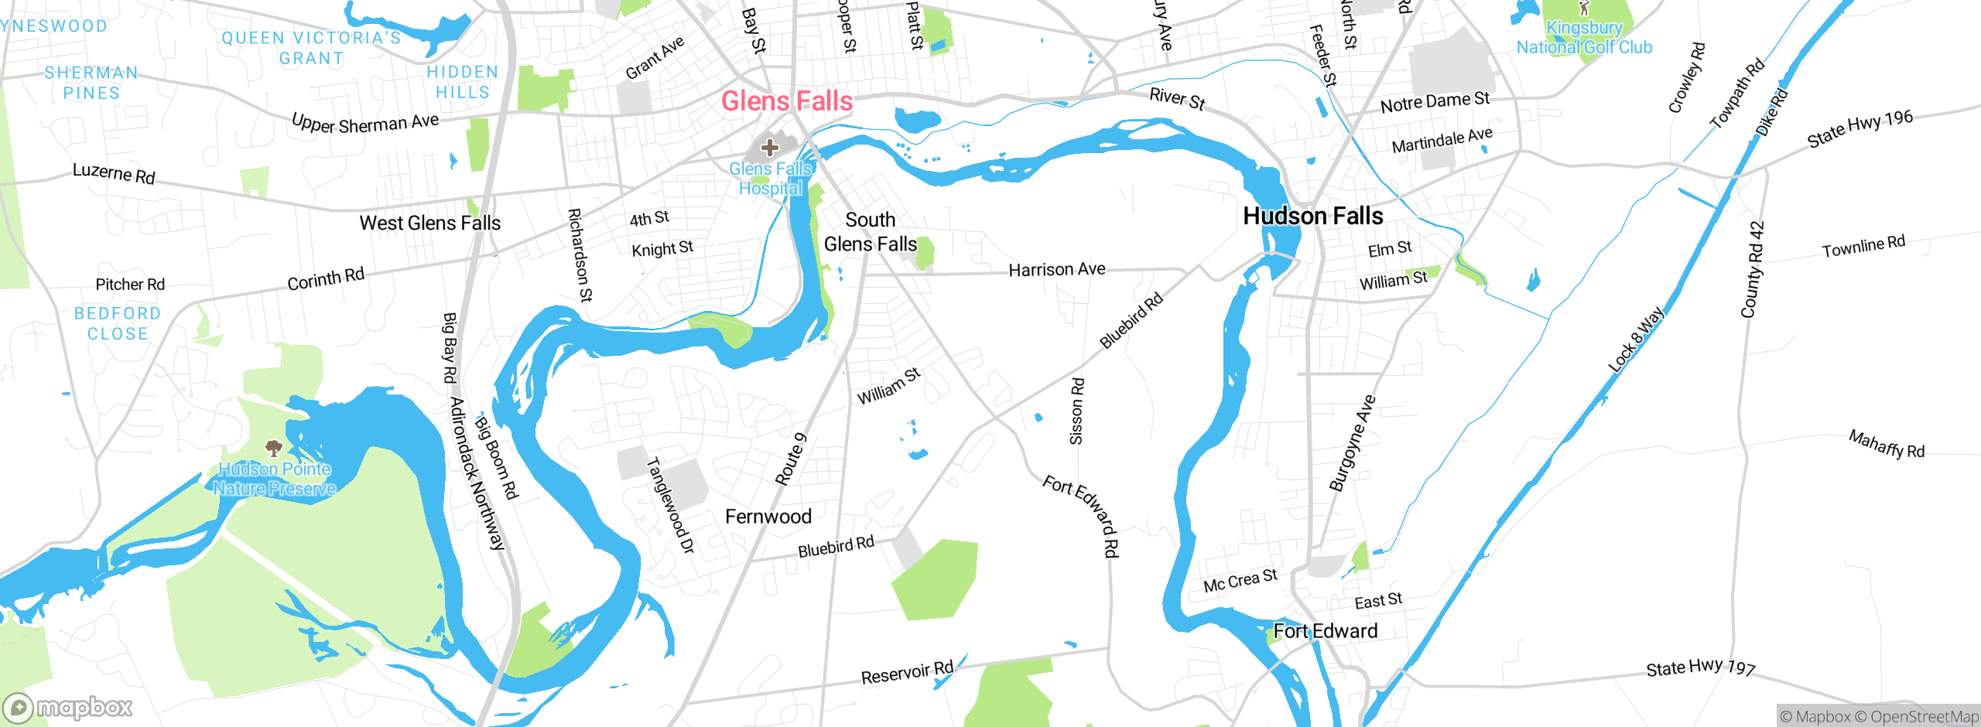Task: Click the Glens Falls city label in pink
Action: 786,101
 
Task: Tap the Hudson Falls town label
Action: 1312,216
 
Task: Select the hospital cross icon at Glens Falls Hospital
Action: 769,147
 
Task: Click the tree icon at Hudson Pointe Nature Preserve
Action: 272,448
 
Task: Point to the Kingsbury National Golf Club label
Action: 1584,37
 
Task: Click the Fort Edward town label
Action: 1325,631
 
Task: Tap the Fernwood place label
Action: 768,517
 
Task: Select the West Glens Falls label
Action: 429,224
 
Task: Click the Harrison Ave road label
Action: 1056,270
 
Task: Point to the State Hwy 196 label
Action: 1860,128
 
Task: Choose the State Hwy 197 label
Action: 1700,667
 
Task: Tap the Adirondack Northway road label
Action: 477,473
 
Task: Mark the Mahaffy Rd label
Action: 1886,444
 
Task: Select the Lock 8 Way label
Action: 1635,340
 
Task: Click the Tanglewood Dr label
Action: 670,505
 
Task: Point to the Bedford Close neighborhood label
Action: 118,324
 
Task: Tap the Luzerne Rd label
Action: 114,173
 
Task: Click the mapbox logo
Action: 68,708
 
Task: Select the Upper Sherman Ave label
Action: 365,123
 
